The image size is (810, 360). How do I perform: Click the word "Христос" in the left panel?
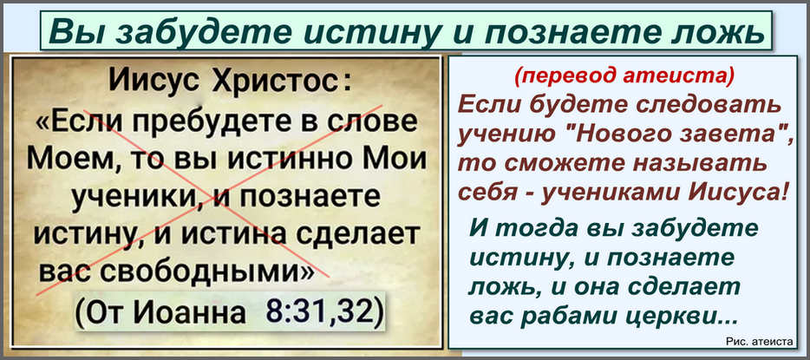point(277,82)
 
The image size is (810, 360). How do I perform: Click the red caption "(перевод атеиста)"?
point(624,77)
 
